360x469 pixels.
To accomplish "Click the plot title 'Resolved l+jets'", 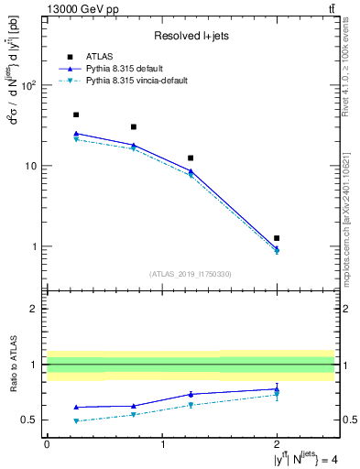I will [x=191, y=35].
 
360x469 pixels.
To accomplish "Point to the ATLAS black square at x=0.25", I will [x=75, y=115].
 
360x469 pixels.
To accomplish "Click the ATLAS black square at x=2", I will [x=277, y=238].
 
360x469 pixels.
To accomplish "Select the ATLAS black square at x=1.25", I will [x=191, y=158].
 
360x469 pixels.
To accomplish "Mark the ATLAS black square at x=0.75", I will [x=134, y=126].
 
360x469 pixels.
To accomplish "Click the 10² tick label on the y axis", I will [x=27, y=85].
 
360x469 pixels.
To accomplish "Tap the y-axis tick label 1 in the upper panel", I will [x=34, y=246].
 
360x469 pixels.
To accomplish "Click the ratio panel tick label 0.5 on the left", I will [x=29, y=420].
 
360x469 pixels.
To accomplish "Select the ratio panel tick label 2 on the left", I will [x=34, y=309].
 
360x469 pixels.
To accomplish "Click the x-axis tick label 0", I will [x=47, y=444].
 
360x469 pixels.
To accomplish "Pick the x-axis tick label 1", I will [x=162, y=444].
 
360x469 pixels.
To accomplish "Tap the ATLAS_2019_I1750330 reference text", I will [x=191, y=274].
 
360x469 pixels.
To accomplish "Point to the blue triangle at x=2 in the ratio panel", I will [x=277, y=388].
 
